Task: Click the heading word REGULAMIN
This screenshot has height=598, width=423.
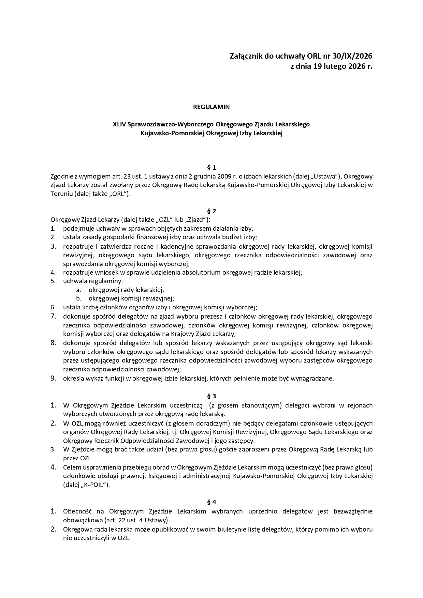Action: pos(211,107)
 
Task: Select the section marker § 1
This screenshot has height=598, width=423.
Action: pos(211,168)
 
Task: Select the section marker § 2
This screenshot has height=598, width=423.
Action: pos(211,211)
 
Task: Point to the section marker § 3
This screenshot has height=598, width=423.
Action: pos(211,396)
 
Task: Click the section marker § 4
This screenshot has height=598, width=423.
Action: pos(211,502)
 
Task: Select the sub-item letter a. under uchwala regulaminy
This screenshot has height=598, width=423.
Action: pos(78,290)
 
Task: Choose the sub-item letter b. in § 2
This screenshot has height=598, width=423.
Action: pos(78,298)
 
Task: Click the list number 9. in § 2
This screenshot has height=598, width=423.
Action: pos(53,378)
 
